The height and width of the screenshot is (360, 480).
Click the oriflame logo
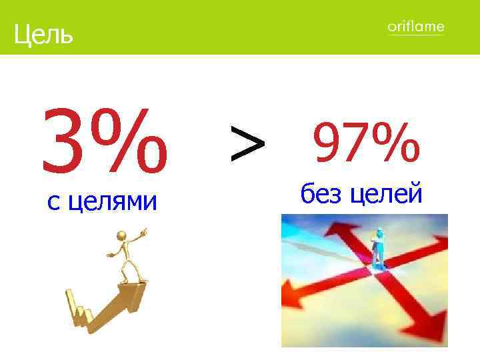[x=415, y=27]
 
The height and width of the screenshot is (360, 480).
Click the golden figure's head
[x=121, y=236]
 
